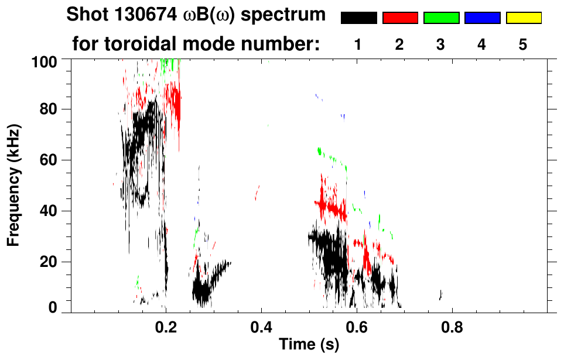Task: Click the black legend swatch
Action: [x=359, y=18]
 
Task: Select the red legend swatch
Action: [x=400, y=18]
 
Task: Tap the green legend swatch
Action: [x=441, y=18]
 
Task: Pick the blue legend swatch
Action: [x=482, y=18]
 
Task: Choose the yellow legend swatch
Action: [x=523, y=18]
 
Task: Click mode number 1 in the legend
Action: [x=358, y=45]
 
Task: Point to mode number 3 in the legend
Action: [x=441, y=45]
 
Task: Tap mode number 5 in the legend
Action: [x=523, y=45]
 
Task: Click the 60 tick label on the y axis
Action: [x=50, y=160]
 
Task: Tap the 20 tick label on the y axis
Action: [x=50, y=262]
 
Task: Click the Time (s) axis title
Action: [x=309, y=345]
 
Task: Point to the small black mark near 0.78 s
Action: [x=440, y=295]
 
